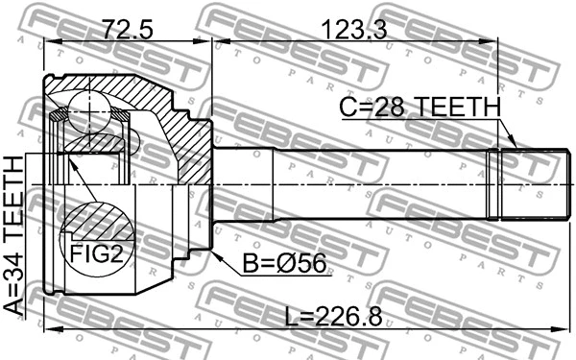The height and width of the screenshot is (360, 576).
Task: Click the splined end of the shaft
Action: (523, 183)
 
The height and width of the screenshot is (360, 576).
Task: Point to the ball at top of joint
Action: (88, 112)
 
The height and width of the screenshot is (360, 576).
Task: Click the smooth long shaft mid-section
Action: (346, 183)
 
